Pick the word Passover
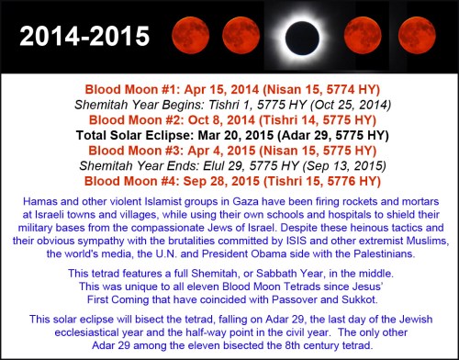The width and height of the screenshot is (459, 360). point(289,299)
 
